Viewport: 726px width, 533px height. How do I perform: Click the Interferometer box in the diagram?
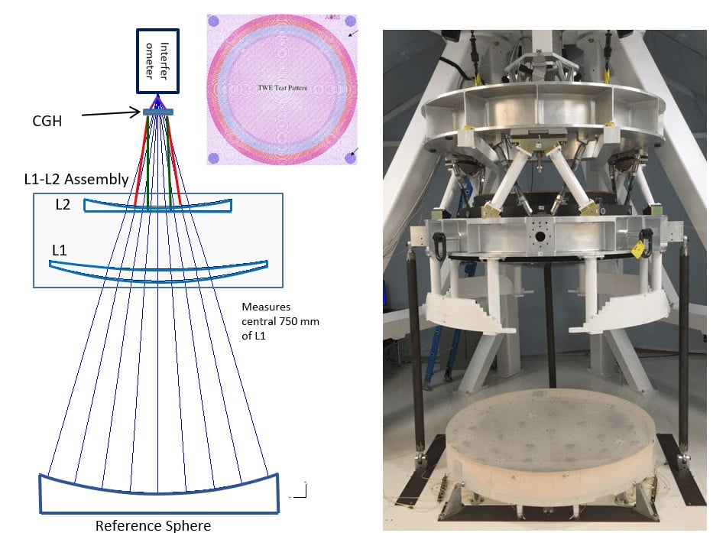[157, 61]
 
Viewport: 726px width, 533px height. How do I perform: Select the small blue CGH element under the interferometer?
[158, 112]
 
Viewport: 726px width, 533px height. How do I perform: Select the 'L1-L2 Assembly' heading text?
[74, 180]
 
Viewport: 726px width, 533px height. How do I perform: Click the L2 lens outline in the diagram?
[157, 206]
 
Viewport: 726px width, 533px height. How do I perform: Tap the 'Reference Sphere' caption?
[153, 525]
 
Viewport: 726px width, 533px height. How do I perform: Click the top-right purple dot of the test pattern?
[350, 21]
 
